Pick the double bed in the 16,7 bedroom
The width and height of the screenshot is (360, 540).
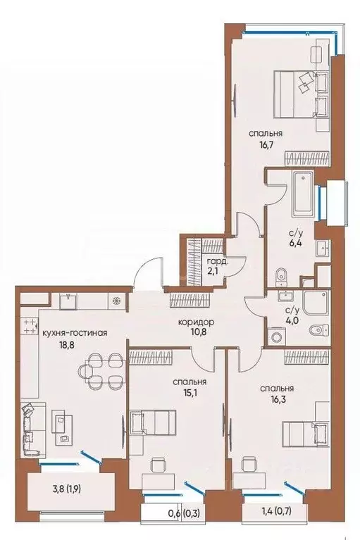tap(302, 89)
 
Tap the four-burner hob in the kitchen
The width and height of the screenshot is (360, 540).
tap(30, 326)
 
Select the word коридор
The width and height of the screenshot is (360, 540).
tap(197, 322)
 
